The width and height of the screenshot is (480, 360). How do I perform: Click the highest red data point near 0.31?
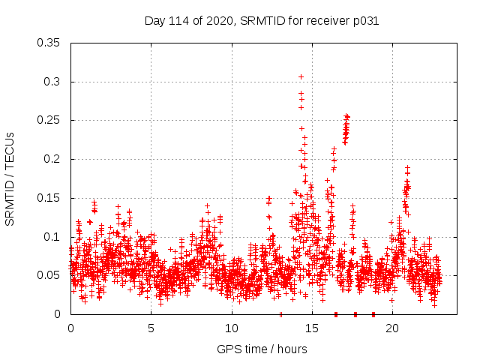point(301,76)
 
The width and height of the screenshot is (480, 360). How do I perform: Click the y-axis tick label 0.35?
point(49,43)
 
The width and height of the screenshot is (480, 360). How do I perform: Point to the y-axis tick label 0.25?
point(49,120)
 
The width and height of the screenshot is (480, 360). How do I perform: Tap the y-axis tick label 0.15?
point(49,198)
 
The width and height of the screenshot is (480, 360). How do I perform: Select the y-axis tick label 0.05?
point(49,275)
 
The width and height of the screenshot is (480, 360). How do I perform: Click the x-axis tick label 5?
point(151,328)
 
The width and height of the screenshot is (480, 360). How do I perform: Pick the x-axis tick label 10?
point(231,328)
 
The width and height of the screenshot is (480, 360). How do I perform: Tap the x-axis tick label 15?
point(311,328)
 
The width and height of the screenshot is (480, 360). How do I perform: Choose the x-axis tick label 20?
point(391,328)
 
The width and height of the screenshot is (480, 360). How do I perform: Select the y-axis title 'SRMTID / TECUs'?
point(10,178)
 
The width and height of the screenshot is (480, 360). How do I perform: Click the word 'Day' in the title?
point(154,21)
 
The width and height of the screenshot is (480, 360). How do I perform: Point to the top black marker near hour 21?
point(407,168)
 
